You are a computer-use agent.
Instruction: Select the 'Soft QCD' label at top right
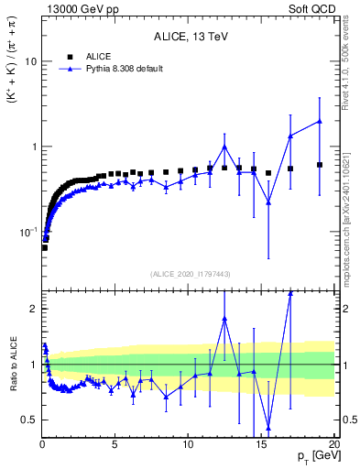[x=311, y=10]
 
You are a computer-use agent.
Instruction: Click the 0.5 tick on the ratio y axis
[x=28, y=420]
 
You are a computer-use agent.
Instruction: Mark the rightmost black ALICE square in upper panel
[x=319, y=165]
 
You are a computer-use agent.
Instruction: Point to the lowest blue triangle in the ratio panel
[x=268, y=427]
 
